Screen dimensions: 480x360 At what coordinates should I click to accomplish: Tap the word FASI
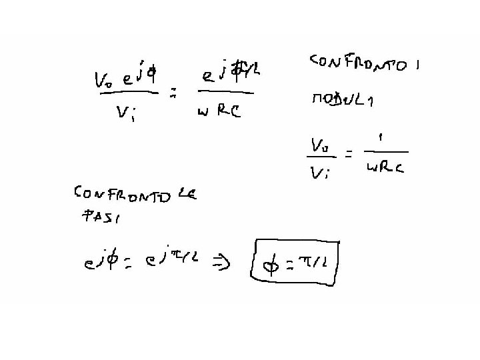tap(97, 216)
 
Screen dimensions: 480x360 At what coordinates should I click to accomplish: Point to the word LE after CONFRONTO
tap(187, 195)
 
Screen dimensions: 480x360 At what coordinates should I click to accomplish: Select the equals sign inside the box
tap(291, 266)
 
